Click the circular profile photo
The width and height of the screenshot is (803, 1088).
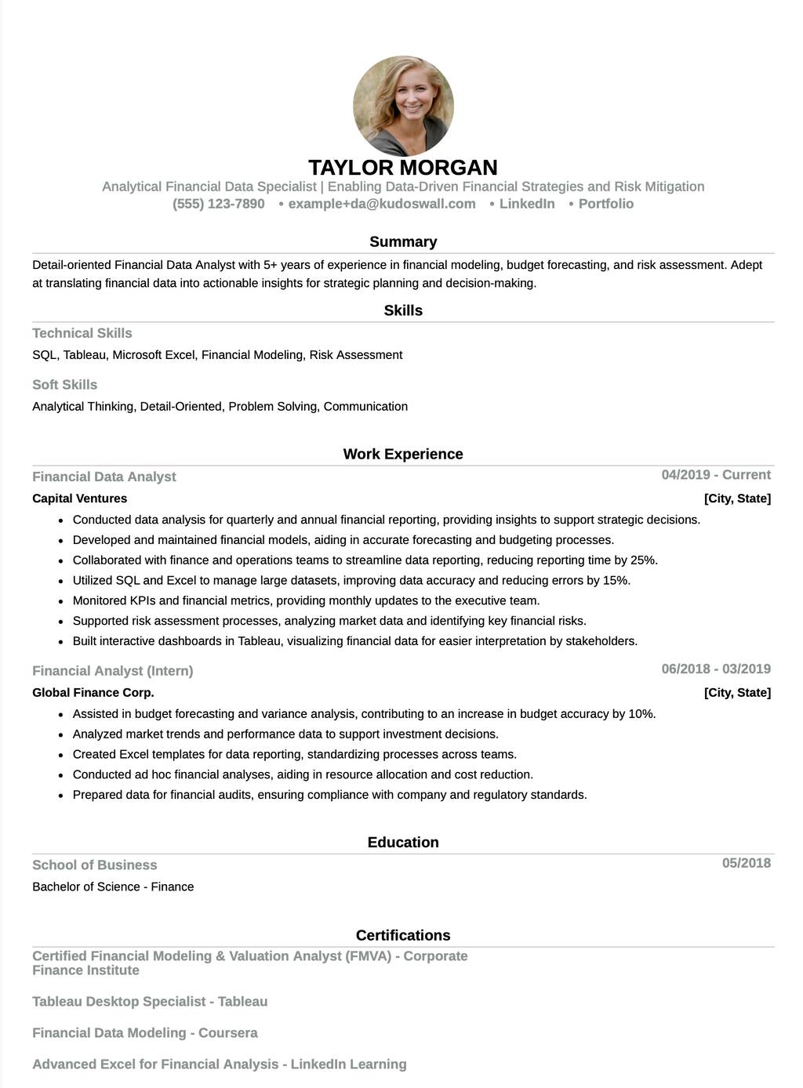click(403, 105)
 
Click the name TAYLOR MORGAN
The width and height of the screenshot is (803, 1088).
click(403, 168)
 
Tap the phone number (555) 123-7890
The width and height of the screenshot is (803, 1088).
click(219, 204)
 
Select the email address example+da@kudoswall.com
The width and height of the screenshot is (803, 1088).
click(381, 204)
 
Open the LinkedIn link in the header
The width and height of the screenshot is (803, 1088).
click(526, 204)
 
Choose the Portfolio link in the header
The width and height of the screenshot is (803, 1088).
click(605, 204)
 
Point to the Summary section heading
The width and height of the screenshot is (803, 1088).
click(403, 242)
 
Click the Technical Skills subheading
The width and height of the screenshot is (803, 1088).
click(82, 333)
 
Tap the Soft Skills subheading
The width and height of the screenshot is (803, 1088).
click(65, 385)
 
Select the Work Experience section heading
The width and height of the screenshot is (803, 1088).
click(403, 455)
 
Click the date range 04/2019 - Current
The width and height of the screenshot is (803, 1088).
click(716, 475)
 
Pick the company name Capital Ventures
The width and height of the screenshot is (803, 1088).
click(80, 499)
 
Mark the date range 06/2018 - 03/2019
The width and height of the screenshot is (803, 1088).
click(716, 669)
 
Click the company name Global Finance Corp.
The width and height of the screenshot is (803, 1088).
click(93, 693)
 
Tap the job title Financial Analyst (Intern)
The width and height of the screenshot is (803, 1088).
click(113, 671)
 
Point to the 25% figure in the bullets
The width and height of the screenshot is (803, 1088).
click(644, 560)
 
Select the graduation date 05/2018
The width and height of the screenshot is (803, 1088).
click(747, 863)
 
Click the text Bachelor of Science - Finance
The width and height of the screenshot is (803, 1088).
click(113, 887)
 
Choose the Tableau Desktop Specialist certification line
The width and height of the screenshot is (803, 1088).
click(150, 1002)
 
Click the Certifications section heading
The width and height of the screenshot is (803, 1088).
click(403, 935)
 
